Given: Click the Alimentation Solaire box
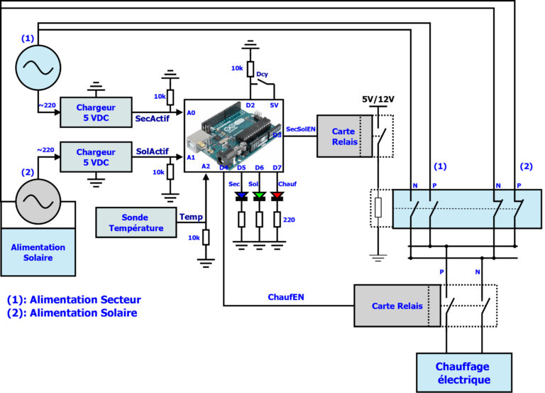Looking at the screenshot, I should pyautogui.click(x=38, y=252).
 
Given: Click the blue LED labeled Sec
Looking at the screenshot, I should pyautogui.click(x=241, y=195).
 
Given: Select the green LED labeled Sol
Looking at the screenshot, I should pyautogui.click(x=259, y=195).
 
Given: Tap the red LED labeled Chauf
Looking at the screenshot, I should pyautogui.click(x=277, y=195).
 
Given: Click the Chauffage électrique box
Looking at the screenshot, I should pyautogui.click(x=463, y=372).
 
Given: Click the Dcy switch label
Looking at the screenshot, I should pyautogui.click(x=262, y=74).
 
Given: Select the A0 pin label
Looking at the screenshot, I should pyautogui.click(x=191, y=113).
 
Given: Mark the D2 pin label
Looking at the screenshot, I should pyautogui.click(x=250, y=105).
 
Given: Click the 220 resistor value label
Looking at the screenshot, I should pyautogui.click(x=289, y=220).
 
